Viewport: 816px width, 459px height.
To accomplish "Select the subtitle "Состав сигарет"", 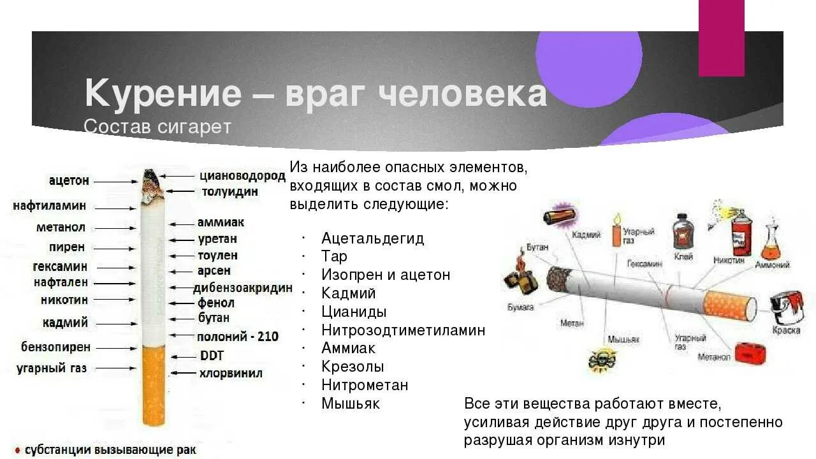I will (157, 126).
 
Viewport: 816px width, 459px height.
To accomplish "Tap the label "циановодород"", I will (242, 176).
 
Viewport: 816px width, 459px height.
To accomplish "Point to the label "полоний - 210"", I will (238, 336).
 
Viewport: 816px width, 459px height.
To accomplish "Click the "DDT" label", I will (212, 356).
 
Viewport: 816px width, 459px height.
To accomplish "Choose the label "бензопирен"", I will (56, 347).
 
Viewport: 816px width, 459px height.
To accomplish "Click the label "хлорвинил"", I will (231, 374).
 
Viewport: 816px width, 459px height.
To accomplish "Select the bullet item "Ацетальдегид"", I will (373, 238).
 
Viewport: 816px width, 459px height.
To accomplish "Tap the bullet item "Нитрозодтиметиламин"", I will (404, 330).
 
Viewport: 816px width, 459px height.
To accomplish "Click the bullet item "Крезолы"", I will (353, 367).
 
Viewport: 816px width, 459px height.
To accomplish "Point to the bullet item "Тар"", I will (335, 256).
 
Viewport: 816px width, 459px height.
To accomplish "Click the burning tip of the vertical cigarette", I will (151, 182).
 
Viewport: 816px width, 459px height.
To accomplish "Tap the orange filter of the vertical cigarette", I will (153, 386).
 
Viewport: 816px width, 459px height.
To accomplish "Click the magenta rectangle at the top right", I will (721, 38).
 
